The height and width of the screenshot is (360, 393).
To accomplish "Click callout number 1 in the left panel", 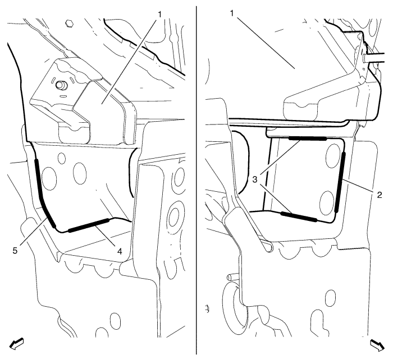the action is (x=159, y=15).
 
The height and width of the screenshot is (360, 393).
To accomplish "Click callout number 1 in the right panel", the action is (x=232, y=13).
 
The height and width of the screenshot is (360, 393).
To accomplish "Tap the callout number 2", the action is (x=380, y=195).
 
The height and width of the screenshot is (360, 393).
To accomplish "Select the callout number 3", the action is (x=255, y=179).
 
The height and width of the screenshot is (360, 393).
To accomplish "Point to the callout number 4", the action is (x=120, y=251).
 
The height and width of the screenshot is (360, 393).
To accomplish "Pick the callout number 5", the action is (x=15, y=250).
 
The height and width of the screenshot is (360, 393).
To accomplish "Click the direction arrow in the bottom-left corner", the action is (x=16, y=344).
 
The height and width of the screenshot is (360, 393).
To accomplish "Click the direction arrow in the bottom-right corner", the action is (x=377, y=345).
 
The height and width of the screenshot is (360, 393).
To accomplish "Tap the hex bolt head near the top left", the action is (x=68, y=24).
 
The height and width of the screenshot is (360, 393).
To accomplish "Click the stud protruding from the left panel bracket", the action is (x=60, y=85).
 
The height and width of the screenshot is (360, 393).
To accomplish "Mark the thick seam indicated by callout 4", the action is (x=89, y=224).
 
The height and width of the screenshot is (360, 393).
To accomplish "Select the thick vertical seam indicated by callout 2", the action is (x=340, y=182).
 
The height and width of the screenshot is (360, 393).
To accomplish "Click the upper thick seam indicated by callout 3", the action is (x=308, y=138).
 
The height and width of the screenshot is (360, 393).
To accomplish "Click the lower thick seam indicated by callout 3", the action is (x=299, y=217).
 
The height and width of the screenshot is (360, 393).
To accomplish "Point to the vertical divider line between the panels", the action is (x=196, y=180).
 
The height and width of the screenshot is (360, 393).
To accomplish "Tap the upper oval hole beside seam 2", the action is (x=332, y=155).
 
